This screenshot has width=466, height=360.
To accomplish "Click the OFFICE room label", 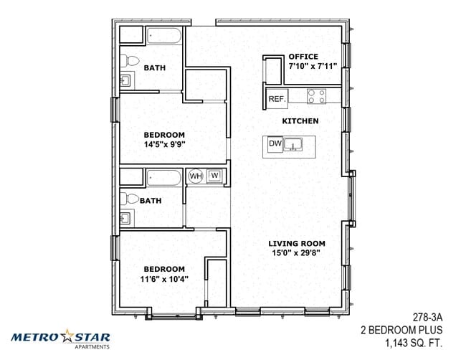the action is click(x=303, y=57).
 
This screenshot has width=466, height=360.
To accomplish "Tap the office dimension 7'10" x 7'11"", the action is click(x=313, y=66).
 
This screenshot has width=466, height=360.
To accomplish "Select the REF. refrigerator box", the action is click(x=277, y=99).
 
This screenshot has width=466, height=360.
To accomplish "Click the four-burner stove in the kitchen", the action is click(x=316, y=96).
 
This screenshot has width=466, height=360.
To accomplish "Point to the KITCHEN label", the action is click(x=300, y=121).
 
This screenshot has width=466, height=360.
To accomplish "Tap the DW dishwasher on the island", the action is click(x=275, y=144).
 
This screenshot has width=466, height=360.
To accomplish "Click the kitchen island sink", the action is click(x=293, y=144).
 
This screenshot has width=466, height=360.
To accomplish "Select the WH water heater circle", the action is click(x=196, y=176).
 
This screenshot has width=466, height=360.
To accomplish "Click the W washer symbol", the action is click(x=214, y=176).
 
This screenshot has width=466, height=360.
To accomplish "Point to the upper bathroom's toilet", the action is click(x=130, y=61).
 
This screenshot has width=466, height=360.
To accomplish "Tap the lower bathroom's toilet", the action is click(x=129, y=198).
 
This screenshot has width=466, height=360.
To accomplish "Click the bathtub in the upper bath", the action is click(x=164, y=36).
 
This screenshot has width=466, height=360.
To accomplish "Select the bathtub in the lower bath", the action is click(x=164, y=178).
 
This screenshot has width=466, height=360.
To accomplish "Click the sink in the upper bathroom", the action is click(x=125, y=80).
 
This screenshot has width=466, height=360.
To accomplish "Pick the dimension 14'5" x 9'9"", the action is click(x=164, y=145).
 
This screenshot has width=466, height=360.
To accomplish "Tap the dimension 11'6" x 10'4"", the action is click(x=164, y=279).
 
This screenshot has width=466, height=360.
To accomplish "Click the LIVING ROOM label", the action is click(x=297, y=244).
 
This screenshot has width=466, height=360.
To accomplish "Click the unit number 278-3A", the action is click(x=427, y=318).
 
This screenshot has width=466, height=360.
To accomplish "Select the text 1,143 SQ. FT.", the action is click(x=414, y=344).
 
